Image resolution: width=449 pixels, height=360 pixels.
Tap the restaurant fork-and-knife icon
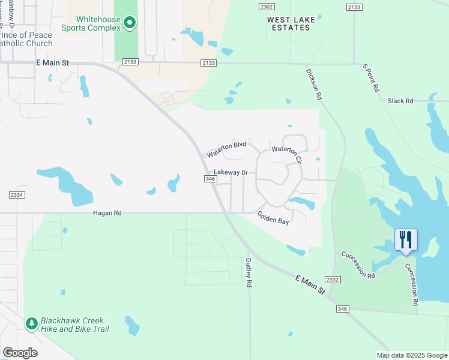406,240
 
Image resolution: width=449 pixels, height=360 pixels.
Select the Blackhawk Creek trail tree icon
32,324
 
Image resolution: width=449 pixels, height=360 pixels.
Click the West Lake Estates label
291,23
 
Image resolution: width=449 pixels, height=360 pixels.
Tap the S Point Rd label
371,78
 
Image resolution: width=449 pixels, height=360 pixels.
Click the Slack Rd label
400,101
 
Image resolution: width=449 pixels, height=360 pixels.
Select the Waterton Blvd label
227,149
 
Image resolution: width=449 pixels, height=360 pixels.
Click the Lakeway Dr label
231,172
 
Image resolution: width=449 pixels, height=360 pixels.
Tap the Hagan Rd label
107,213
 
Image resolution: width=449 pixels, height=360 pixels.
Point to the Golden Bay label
273,217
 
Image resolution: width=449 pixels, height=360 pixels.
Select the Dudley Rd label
248,272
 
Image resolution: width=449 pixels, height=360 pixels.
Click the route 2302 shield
267,6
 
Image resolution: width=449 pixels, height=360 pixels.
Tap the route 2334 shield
16,194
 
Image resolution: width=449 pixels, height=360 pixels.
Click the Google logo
20,353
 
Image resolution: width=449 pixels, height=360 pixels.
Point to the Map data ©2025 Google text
412,355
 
